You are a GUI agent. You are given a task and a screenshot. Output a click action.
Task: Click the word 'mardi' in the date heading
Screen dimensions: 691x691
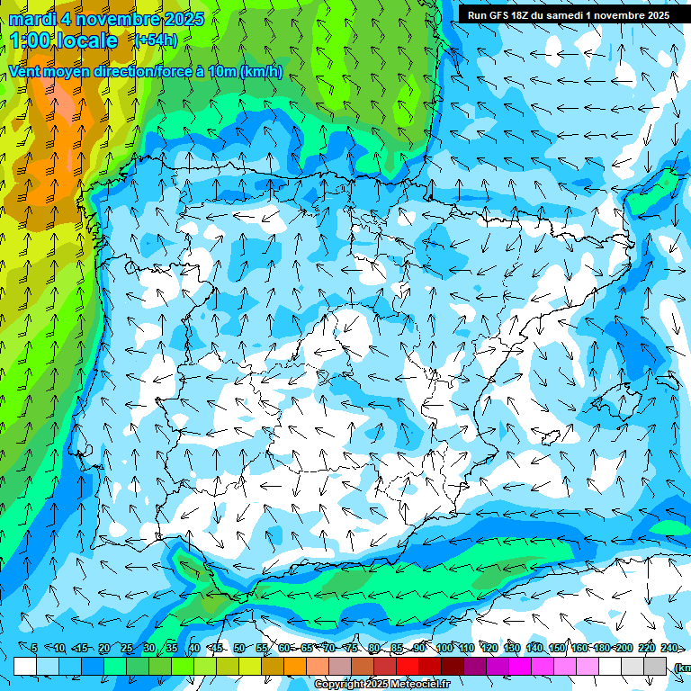(31, 19)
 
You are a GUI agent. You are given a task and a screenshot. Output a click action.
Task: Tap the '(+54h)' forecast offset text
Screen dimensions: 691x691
(155, 40)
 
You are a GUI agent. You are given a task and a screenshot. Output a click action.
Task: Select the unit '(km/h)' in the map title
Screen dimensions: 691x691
(262, 72)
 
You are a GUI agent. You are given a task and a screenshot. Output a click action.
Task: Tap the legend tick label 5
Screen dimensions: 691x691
(34, 648)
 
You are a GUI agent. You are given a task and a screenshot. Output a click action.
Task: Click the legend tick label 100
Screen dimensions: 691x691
(444, 648)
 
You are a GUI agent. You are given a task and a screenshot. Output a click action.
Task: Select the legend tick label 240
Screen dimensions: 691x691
(669, 648)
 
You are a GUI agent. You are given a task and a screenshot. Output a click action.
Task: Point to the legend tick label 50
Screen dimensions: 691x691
(238, 648)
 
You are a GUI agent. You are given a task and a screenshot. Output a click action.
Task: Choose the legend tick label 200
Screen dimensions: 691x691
(624, 648)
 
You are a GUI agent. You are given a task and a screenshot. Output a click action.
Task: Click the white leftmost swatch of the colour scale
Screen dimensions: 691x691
(25, 666)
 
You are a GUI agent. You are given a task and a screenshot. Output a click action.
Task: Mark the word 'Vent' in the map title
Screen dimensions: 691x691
(25, 72)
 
